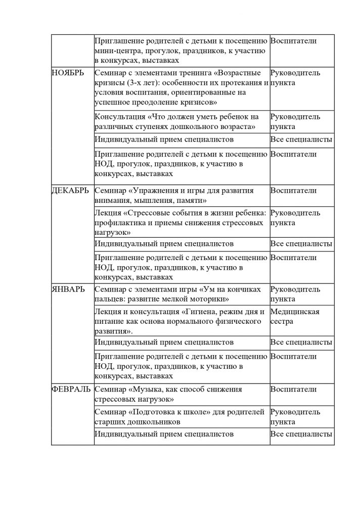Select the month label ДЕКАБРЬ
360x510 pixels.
point(70,191)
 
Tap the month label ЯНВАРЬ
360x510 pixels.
point(68,290)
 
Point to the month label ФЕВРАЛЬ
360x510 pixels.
point(72,389)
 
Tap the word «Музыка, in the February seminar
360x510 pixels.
point(149,389)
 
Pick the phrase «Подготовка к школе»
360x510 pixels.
point(167,411)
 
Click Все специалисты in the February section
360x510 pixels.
point(301,434)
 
